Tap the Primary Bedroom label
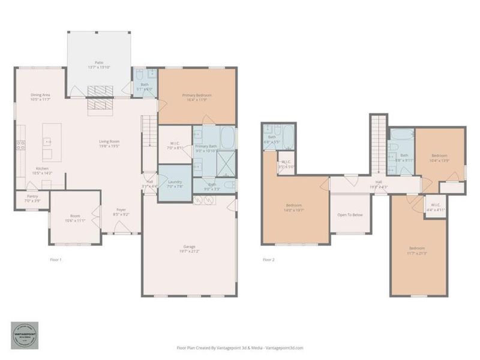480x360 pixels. coord(197,95)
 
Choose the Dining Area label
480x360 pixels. coord(41,95)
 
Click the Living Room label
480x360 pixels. coord(110,142)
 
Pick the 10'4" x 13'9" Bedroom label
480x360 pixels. coord(439,156)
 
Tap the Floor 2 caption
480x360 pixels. coord(268,260)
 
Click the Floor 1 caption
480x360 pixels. coord(55,260)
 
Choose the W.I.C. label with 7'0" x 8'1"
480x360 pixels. coord(175,144)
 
